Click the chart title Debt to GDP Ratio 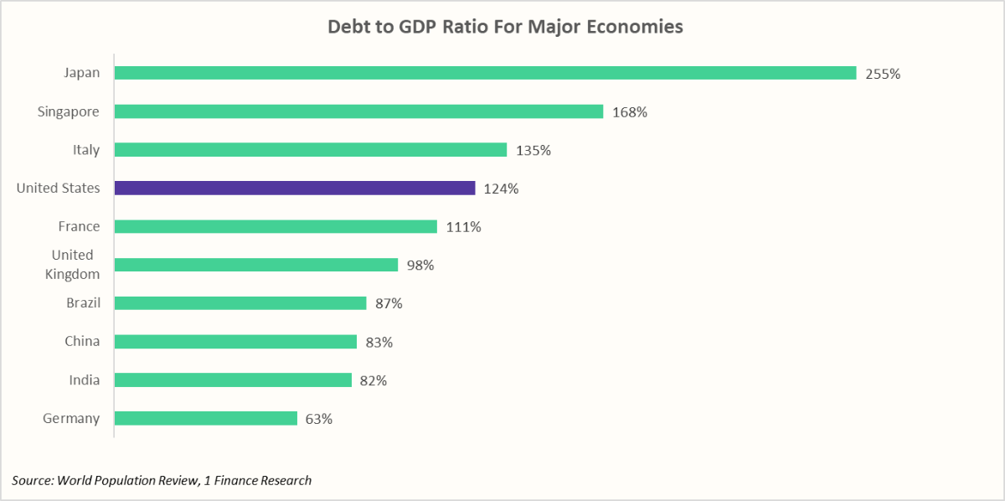click(x=504, y=27)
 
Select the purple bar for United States click(x=295, y=189)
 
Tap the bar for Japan click(x=485, y=73)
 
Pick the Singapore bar click(x=358, y=111)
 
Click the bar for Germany click(x=206, y=418)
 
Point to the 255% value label click(x=883, y=74)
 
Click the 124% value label click(x=501, y=189)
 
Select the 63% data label click(x=318, y=419)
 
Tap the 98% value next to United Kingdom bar click(x=420, y=266)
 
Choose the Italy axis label click(x=85, y=150)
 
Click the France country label click(x=79, y=226)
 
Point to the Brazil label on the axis click(x=83, y=302)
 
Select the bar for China click(x=235, y=342)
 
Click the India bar click(x=233, y=380)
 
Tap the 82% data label click(x=373, y=381)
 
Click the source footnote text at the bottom click(x=162, y=480)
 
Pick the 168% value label click(x=629, y=112)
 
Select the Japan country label click(x=81, y=73)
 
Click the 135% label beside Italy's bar click(x=533, y=151)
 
